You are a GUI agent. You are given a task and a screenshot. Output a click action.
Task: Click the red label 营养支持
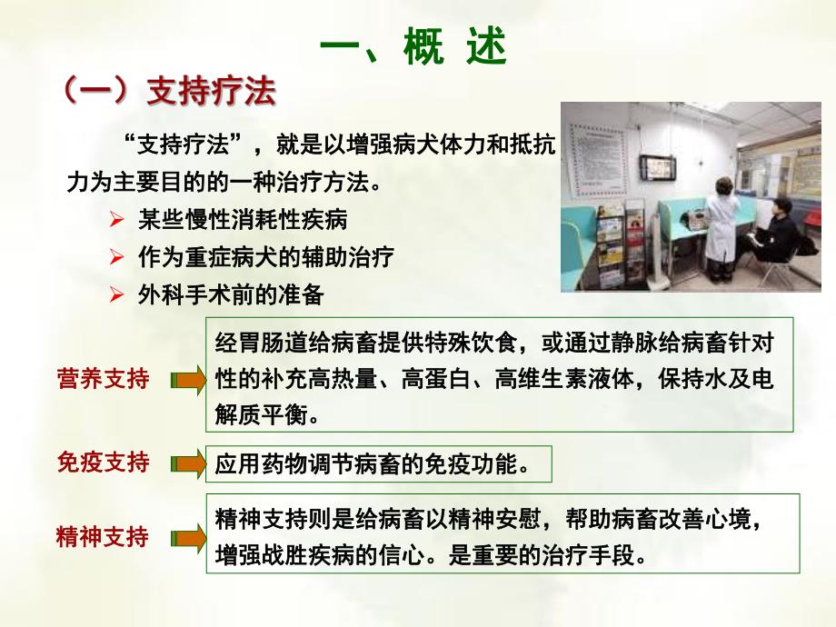click(x=103, y=379)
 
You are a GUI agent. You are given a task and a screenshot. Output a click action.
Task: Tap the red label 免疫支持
click(x=103, y=463)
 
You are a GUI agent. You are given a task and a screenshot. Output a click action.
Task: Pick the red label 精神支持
click(x=103, y=536)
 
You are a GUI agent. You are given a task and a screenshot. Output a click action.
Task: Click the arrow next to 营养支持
click(x=189, y=380)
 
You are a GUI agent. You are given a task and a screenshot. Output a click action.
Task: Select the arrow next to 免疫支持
click(x=189, y=464)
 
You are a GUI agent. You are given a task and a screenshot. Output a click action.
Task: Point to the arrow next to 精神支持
click(x=189, y=537)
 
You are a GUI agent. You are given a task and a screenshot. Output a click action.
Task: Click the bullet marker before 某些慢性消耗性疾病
click(x=115, y=221)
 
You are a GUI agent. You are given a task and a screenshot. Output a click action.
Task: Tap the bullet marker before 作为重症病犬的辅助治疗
click(x=115, y=258)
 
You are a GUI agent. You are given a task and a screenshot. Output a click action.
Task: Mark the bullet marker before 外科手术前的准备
click(x=115, y=295)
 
